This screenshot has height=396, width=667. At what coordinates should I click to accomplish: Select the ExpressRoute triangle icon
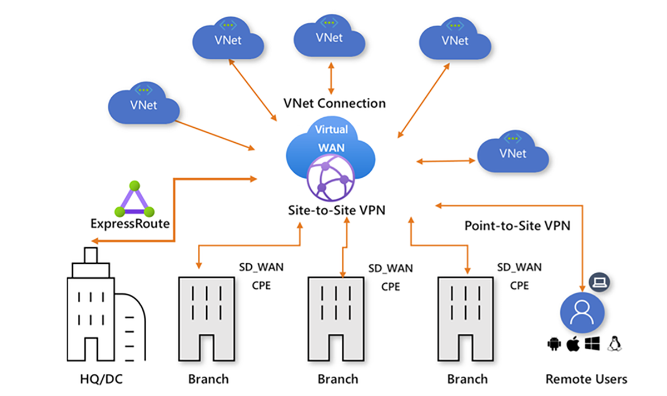(133, 200)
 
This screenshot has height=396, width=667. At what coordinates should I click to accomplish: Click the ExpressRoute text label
(130, 224)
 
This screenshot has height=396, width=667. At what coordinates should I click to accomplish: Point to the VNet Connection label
(334, 103)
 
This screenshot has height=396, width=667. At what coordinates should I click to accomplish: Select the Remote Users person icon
(581, 311)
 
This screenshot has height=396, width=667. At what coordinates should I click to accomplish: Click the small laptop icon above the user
(599, 281)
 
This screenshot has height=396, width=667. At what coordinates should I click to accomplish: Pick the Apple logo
(573, 344)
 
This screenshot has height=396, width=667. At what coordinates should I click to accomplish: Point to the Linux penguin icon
(615, 344)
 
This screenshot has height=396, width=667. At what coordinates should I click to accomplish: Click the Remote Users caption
(586, 379)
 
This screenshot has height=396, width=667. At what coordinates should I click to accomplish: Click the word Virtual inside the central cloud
(331, 130)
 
